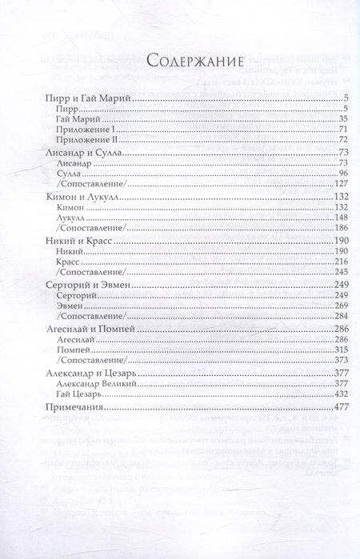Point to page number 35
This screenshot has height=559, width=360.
(315, 118)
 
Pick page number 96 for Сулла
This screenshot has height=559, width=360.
(315, 173)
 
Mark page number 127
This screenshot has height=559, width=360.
(313, 183)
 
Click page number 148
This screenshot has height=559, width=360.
(313, 217)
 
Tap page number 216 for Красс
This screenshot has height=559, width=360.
(313, 261)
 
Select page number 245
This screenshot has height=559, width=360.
(313, 271)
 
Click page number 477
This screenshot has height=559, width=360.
(312, 408)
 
